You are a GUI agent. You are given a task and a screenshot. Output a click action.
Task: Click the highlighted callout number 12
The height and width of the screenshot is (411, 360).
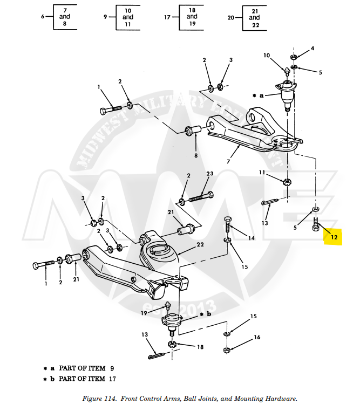(x=334, y=237)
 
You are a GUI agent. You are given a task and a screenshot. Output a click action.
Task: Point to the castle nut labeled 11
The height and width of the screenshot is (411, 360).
(x=287, y=182)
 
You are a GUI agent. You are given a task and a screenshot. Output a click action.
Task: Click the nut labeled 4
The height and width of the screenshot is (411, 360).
(x=293, y=57)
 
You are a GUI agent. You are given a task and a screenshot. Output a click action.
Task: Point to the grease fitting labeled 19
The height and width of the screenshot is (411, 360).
(x=168, y=305)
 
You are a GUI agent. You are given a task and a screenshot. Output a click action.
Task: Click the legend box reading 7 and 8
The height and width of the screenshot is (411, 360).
(x=65, y=17)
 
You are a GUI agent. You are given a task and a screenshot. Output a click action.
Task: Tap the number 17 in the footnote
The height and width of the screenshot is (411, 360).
(x=112, y=379)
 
